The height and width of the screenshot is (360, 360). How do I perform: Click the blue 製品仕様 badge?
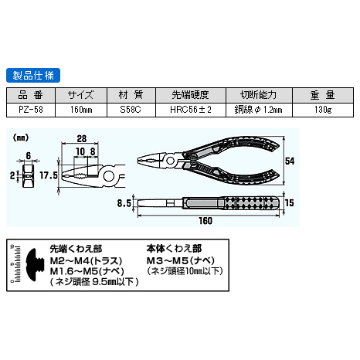point(33,75)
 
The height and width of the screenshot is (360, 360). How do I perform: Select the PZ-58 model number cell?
point(31,110)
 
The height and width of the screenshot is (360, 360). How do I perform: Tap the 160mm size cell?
point(81,110)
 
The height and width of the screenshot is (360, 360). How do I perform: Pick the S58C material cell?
point(131,110)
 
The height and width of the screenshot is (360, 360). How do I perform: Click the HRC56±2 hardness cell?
point(191,110)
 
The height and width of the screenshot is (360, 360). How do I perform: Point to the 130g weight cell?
point(323,110)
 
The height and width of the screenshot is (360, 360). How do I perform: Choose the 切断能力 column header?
point(259,95)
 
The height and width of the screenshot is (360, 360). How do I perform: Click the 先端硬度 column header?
point(191,95)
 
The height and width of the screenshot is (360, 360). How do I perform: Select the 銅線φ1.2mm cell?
point(259,110)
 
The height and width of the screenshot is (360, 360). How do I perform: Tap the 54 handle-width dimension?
point(290,161)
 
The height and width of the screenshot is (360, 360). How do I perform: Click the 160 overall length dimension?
point(205,221)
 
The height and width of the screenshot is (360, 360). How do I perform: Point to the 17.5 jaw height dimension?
point(49,175)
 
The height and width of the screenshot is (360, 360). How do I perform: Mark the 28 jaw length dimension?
point(82,139)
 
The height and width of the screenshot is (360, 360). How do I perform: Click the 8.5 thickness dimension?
point(124,203)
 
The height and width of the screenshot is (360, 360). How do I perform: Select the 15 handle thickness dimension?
point(290,203)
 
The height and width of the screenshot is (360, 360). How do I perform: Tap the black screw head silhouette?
point(32,265)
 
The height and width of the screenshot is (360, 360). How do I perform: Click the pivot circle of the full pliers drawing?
point(170,161)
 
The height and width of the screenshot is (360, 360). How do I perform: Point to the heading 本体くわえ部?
point(174,249)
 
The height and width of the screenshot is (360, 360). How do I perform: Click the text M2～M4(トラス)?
point(86,261)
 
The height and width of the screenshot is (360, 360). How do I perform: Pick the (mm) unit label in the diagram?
point(21,138)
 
